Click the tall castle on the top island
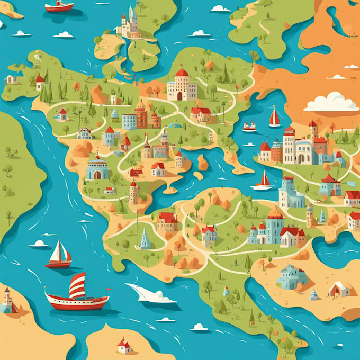(128, 24)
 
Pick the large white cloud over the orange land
(332, 102)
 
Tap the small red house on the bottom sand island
(124, 346)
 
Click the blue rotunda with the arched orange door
(97, 169)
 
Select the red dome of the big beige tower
(182, 73)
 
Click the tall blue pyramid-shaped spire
(145, 239)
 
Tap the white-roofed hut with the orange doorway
(339, 289)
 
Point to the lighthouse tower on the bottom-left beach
(7, 300)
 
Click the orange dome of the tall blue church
(275, 213)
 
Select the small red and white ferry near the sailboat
(249, 127)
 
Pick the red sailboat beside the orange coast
(274, 118)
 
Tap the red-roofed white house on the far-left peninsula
(40, 82)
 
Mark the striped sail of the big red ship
(77, 285)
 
